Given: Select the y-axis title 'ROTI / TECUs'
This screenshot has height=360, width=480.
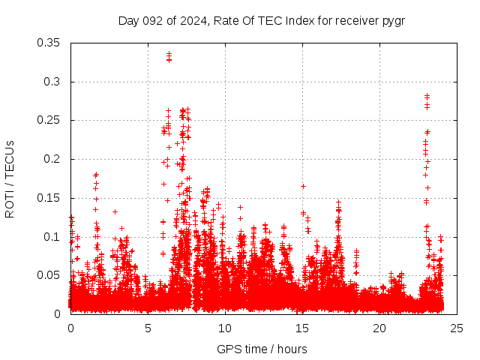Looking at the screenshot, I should [x=10, y=178].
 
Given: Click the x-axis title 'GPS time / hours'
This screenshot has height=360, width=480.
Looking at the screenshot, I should [x=262, y=349].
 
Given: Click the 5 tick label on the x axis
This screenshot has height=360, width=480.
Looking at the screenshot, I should [x=148, y=328].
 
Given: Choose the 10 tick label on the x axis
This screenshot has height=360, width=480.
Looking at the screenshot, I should [x=225, y=328].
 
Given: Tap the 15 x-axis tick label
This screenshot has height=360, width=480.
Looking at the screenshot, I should [x=302, y=328].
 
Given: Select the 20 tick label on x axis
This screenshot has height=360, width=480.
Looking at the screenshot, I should [x=379, y=328].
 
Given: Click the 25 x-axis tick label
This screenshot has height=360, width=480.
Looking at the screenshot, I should [x=457, y=328].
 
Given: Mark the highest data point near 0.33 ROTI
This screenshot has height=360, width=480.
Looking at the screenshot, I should [x=169, y=54].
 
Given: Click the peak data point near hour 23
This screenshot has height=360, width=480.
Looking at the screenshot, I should [x=427, y=96].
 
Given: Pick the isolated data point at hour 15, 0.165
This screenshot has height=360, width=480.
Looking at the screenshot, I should [x=303, y=186].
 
